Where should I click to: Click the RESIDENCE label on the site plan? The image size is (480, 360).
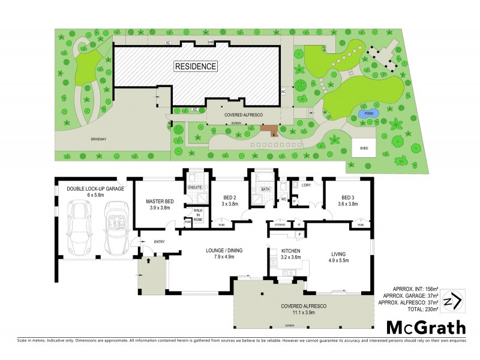tap(196, 66)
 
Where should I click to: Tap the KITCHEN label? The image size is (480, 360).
tap(286, 251)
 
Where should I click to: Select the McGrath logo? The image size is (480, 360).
tap(425, 328)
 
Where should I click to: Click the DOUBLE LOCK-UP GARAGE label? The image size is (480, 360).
tap(95, 188)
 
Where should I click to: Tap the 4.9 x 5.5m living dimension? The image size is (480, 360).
tap(337, 260)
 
